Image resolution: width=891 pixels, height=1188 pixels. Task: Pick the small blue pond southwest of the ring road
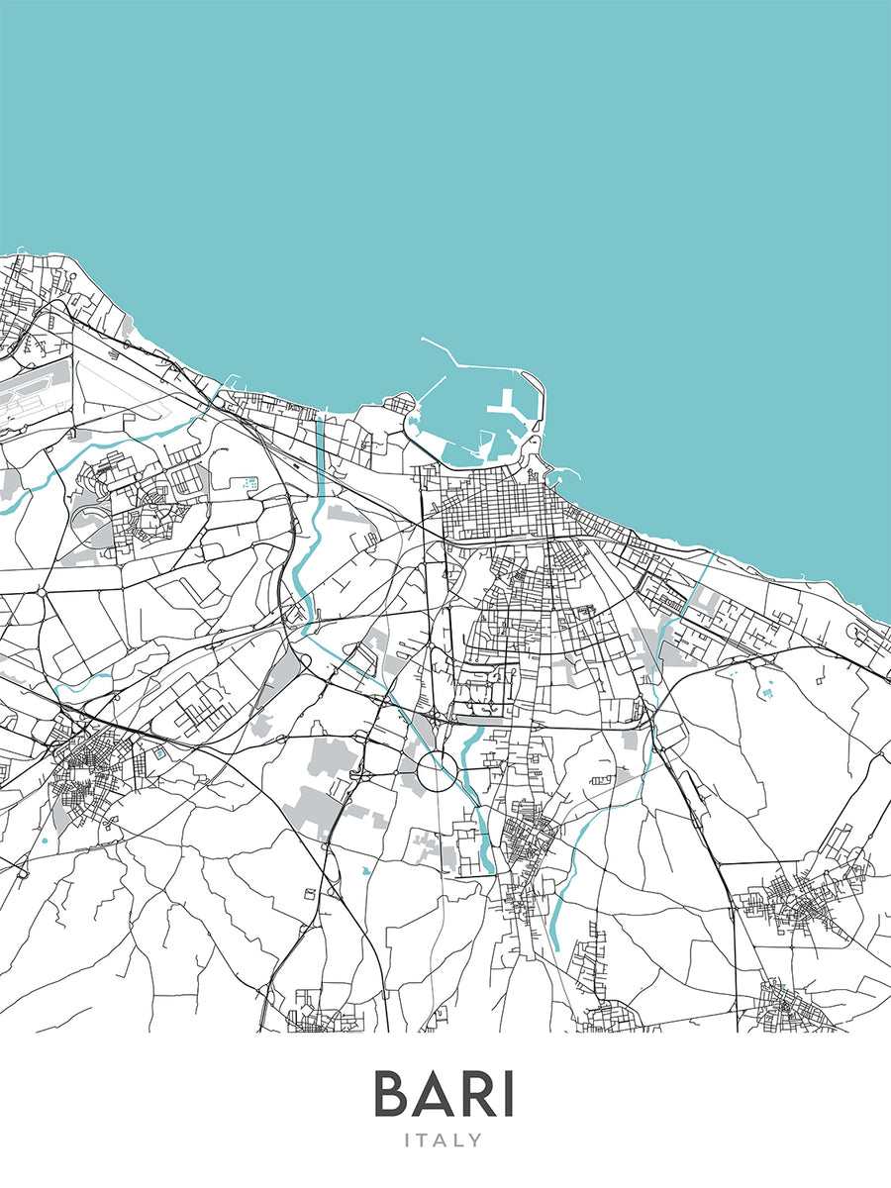point(366,871)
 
